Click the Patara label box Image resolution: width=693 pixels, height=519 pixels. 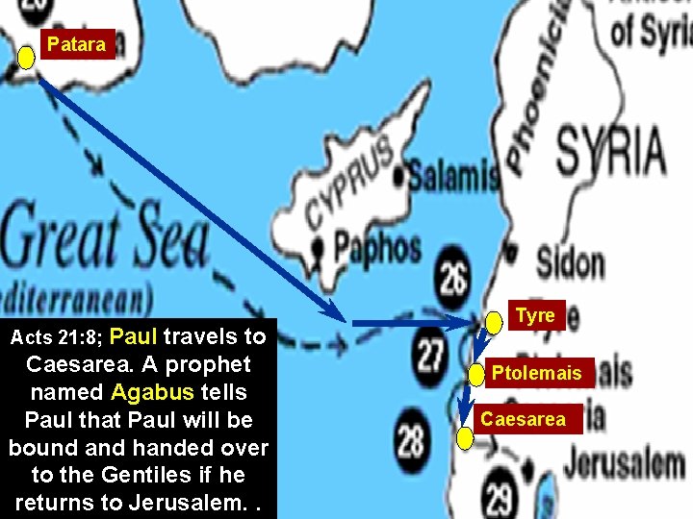(x=76, y=44)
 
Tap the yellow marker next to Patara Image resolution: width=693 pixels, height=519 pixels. (x=27, y=58)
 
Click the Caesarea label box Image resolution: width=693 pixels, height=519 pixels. (x=524, y=419)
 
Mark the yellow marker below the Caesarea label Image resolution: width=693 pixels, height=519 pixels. (x=465, y=440)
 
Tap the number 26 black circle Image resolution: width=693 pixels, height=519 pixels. (x=453, y=278)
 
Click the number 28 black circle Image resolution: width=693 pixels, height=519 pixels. (x=412, y=441)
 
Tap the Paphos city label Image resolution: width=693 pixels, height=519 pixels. (x=375, y=248)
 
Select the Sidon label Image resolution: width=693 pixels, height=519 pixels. (x=570, y=262)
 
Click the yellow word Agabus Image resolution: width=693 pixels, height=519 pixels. (x=152, y=392)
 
